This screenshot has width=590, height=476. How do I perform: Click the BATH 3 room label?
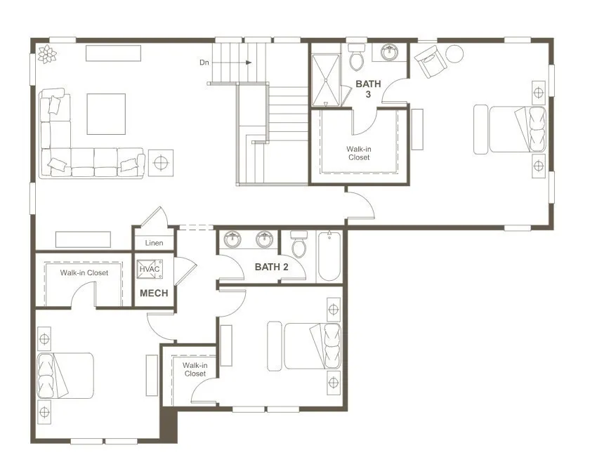368,88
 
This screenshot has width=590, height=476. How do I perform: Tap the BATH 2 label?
272,267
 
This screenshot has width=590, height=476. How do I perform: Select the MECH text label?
154,293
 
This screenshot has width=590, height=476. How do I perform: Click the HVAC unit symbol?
150,269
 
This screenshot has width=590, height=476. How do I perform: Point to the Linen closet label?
155,243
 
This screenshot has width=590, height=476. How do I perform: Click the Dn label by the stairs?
204,62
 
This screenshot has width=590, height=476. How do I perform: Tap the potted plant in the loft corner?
47,54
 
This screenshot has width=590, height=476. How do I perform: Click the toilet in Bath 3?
356,56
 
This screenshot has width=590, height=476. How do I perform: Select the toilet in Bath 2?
299,244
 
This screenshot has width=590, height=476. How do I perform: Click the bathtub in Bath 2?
329,256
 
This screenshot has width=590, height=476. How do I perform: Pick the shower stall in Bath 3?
325,80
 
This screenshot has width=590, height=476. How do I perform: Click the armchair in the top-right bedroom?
431,61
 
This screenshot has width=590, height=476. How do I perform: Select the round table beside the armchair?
454,54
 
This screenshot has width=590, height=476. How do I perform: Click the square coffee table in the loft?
106,114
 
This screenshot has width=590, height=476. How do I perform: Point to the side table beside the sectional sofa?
161,163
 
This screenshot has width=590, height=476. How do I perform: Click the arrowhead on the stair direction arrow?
249,62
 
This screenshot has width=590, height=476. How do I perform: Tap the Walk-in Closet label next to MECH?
84,272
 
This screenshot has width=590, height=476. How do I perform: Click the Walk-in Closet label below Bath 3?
359,154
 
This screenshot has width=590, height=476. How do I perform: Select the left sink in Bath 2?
232,239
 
